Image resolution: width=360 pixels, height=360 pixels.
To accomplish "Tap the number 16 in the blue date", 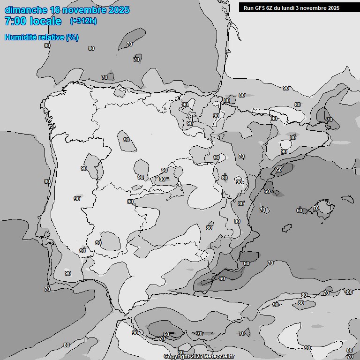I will point(55,10).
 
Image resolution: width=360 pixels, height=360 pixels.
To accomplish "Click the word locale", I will point(45,21).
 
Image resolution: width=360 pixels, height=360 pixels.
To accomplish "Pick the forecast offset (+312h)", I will point(83,21).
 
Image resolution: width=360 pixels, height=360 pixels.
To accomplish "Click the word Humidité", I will point(21,37).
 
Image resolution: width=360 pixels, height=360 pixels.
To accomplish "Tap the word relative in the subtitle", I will point(52,37).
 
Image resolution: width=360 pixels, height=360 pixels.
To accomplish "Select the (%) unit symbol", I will point(72,37).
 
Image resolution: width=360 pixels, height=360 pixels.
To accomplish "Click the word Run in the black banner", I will point(248,7).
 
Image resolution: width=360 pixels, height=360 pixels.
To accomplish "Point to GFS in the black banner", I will point(260,7).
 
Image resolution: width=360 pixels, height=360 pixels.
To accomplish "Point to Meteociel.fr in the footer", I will point(218,356).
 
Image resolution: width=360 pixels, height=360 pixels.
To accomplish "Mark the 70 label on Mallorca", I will point(316,208).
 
